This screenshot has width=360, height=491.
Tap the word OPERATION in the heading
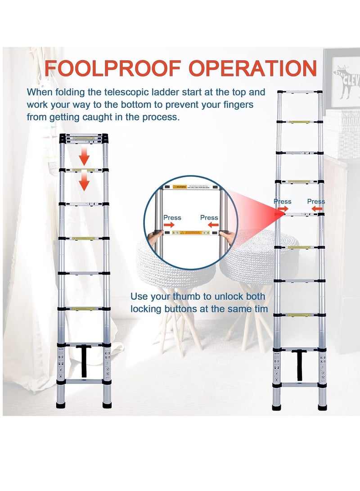pos(248,69)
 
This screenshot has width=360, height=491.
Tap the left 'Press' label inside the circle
pos(172,218)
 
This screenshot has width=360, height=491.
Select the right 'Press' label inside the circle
pos(209,218)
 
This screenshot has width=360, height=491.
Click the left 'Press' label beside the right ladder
pos(282,202)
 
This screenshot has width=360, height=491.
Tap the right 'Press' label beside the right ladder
pos(316,202)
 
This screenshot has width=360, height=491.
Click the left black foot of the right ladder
pos(278,407)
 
